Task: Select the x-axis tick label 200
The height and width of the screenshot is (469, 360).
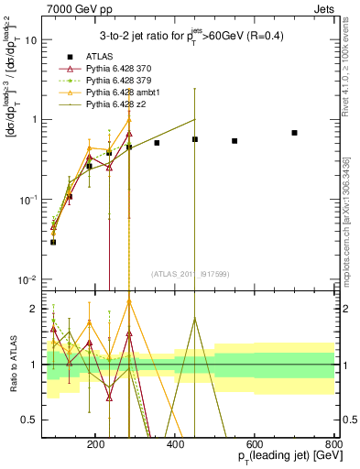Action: coord(96,442)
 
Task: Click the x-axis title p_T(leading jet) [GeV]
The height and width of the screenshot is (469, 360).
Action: coord(283,456)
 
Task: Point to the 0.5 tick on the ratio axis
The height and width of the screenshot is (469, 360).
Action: coord(30,420)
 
